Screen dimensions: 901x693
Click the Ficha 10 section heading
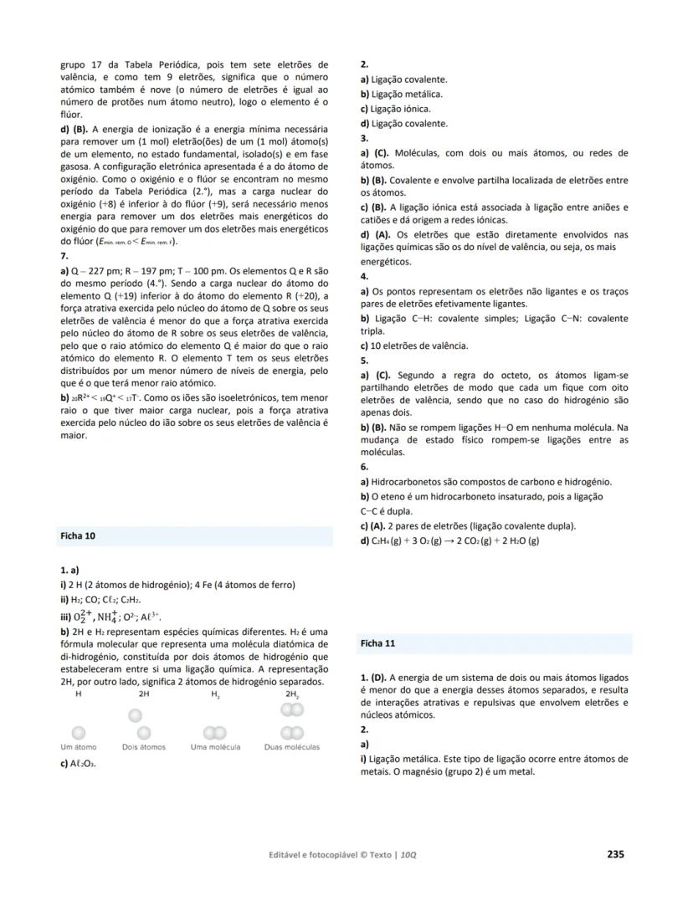78,535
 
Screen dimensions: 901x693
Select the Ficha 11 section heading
378,644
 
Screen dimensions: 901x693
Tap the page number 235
615,854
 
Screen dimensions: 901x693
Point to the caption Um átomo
79,747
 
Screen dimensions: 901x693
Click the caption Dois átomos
144,747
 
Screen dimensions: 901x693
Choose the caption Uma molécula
215,747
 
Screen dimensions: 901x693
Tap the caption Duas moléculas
291,747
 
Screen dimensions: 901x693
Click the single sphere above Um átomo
79,733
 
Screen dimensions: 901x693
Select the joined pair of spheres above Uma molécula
215,733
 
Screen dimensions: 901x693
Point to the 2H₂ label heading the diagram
292,694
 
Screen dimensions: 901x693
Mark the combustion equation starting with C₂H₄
449,540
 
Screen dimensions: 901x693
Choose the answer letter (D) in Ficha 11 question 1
378,678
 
